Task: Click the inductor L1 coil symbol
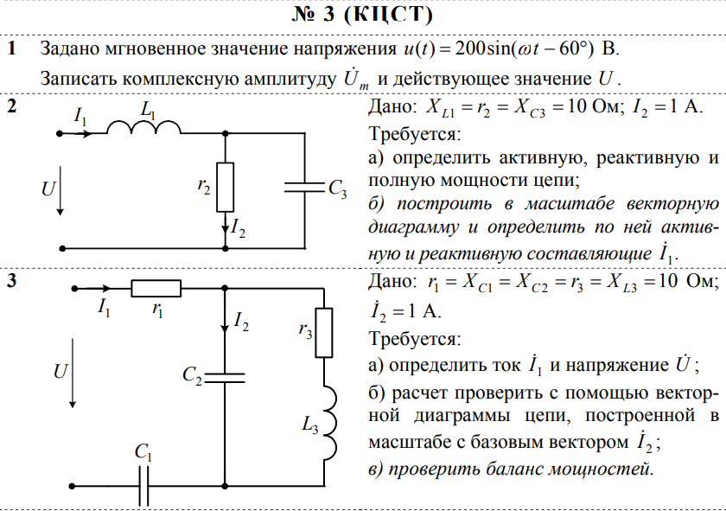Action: click(143, 128)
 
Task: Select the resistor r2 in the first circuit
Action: click(225, 187)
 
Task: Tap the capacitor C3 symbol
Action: click(304, 188)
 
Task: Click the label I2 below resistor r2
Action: click(239, 229)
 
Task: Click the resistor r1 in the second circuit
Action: click(156, 289)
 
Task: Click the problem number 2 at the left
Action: click(12, 107)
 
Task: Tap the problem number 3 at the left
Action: click(12, 282)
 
